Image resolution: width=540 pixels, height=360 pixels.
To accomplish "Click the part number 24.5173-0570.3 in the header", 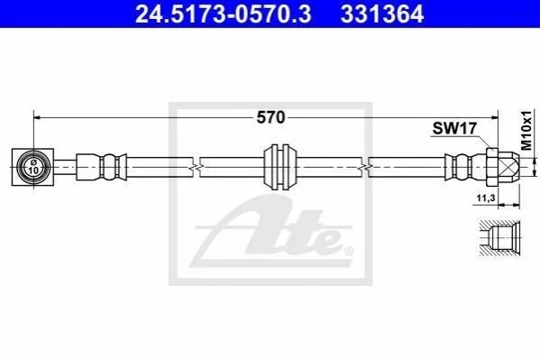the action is tap(224, 14).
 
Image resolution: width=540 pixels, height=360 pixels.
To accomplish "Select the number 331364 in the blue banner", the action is tap(382, 14).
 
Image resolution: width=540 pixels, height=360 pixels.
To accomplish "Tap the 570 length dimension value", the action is tap(270, 117).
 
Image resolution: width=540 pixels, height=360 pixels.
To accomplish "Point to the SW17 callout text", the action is tap(454, 128).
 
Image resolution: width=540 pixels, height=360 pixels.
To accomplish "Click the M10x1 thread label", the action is tap(526, 130).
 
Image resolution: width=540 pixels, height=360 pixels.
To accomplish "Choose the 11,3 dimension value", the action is tap(486, 198).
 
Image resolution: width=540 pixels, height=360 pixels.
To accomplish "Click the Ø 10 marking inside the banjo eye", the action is tap(33, 167).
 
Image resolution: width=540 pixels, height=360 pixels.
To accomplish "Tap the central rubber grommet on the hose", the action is tap(279, 167).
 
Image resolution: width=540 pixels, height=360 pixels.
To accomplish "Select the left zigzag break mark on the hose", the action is tap(196, 167).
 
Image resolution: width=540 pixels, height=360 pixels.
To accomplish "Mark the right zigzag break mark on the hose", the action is tap(365, 167).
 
